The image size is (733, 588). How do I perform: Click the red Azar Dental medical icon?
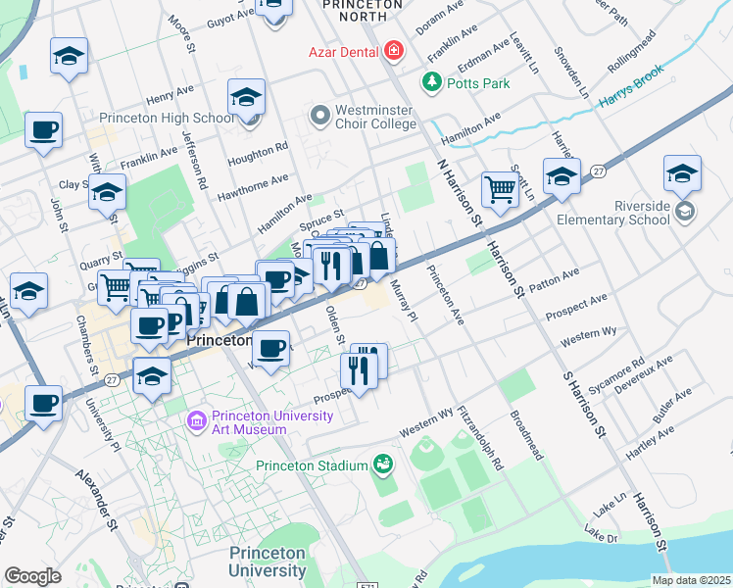[394, 48]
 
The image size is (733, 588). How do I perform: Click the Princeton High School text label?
[186, 119]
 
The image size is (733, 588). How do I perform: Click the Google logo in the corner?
[32, 575]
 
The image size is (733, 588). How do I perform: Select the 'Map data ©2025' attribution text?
[691, 580]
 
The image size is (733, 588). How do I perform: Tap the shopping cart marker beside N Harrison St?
[500, 189]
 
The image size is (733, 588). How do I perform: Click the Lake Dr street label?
[601, 535]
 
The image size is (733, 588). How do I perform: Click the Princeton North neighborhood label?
[363, 5]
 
